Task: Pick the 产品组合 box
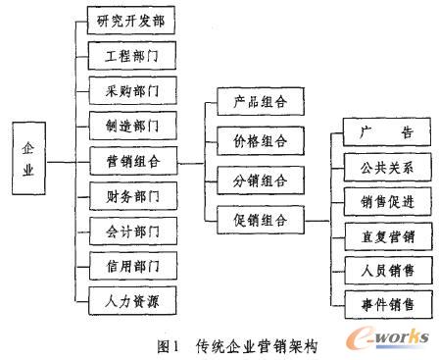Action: [253, 101]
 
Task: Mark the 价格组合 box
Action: [253, 140]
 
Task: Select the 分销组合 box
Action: [253, 180]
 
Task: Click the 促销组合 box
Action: [253, 220]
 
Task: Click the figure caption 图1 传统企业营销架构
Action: [237, 344]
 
